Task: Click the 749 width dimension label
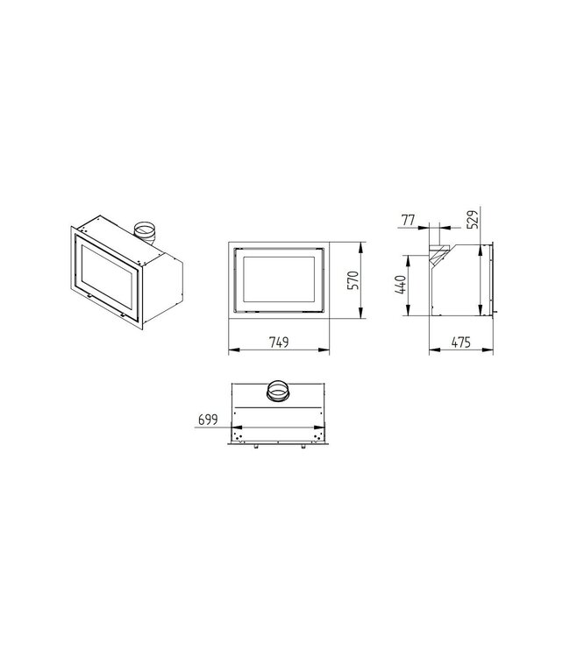(279, 343)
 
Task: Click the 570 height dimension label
(353, 280)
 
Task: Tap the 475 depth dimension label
(461, 343)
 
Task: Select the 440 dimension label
(401, 285)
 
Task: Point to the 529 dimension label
(472, 219)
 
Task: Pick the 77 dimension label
(408, 220)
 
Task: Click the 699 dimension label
(208, 420)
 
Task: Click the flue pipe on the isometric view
(146, 233)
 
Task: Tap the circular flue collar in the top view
(277, 391)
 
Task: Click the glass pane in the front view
(279, 279)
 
